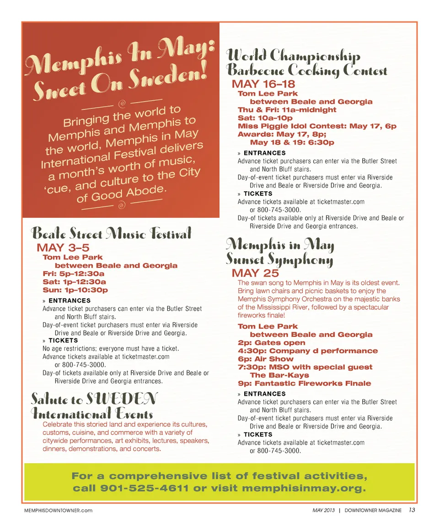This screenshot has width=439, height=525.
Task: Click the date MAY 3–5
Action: tap(63, 249)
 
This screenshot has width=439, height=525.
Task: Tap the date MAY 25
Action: tap(255, 273)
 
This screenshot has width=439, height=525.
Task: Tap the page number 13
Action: tap(412, 510)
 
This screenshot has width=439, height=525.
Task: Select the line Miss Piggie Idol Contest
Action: tap(316, 126)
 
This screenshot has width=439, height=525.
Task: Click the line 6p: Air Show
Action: tap(265, 359)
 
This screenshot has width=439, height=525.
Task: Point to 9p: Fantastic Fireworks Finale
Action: tap(304, 383)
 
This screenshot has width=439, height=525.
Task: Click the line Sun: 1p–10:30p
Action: tap(75, 290)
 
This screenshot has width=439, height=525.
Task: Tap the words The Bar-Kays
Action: tap(279, 375)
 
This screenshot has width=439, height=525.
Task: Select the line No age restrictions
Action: tap(110, 348)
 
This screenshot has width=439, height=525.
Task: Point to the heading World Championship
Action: tap(294, 56)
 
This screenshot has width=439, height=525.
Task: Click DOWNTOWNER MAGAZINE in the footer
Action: tap(373, 510)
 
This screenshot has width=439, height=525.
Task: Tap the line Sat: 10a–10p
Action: tap(265, 118)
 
